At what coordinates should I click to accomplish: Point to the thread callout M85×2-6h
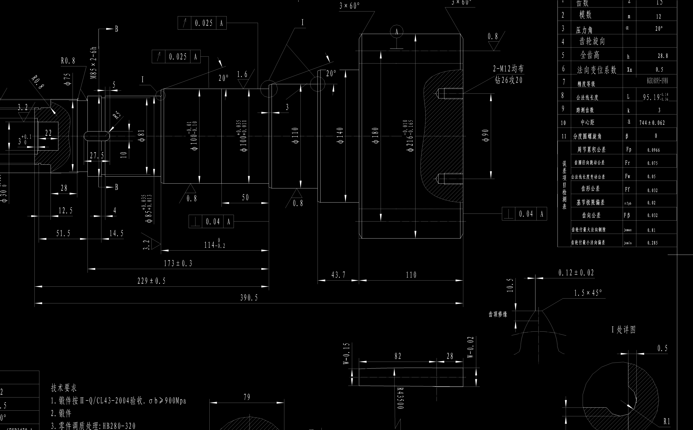[x=94, y=63]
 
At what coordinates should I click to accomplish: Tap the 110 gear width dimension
[x=411, y=275]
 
